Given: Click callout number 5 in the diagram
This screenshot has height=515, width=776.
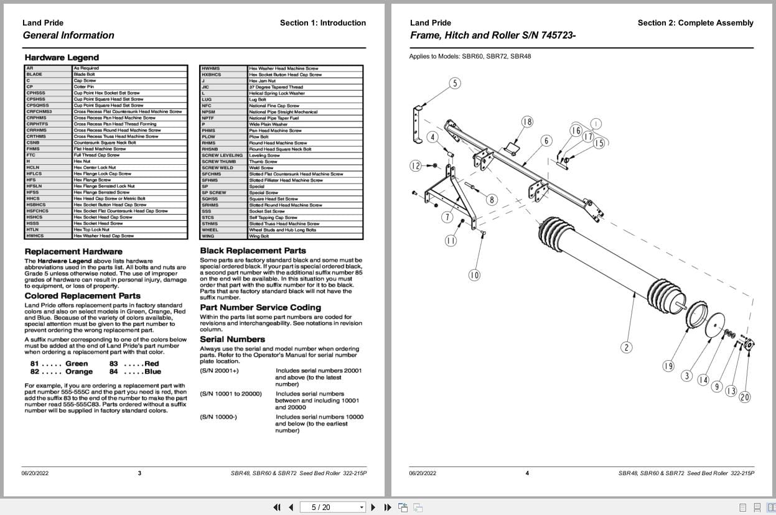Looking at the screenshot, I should click(455, 83).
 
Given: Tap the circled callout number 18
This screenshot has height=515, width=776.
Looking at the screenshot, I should click(527, 122).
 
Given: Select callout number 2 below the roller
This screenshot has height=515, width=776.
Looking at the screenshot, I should click(626, 347).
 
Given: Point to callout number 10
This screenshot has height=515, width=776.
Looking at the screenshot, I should click(474, 274).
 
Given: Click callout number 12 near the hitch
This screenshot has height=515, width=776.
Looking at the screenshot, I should click(416, 165).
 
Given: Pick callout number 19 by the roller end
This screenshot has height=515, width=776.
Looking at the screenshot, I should click(668, 366).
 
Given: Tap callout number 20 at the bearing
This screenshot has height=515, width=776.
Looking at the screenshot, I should click(744, 397).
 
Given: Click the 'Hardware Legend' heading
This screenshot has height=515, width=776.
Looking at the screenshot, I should click(53, 58).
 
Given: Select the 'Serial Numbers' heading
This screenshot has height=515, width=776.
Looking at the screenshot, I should click(232, 339).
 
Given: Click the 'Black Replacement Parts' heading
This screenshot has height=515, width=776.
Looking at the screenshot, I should click(253, 251).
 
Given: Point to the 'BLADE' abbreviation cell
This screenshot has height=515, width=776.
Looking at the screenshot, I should click(34, 74).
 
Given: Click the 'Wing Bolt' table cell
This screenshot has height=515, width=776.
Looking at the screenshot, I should click(259, 236).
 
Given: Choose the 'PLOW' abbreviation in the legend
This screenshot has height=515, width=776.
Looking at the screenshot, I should click(208, 137).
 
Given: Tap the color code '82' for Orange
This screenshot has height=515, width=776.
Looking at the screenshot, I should click(35, 371).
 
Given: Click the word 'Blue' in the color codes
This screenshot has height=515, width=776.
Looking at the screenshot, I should click(152, 371).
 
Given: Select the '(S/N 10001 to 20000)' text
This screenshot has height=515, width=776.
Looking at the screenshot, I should click(231, 394).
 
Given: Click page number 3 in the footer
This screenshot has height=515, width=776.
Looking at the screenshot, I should click(139, 473).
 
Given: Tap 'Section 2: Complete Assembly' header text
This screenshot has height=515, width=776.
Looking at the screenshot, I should click(695, 23).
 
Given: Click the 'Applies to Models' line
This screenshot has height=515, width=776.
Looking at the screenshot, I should click(470, 56).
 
